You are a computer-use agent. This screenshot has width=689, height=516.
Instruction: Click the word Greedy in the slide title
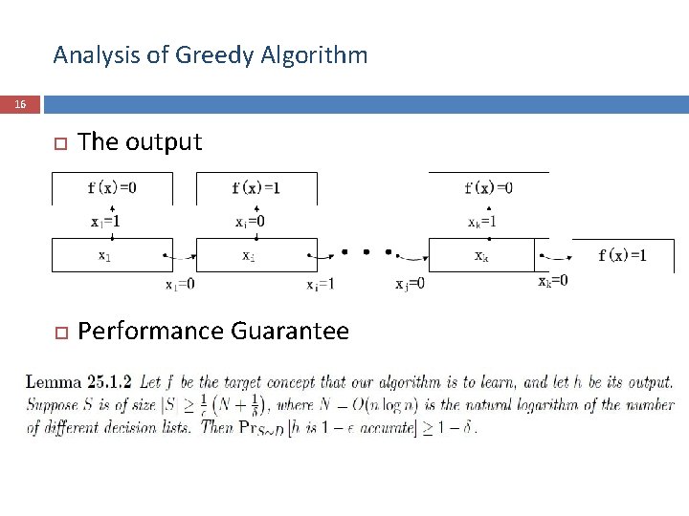click(x=210, y=55)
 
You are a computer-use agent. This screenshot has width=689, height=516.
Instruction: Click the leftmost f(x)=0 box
click(x=112, y=187)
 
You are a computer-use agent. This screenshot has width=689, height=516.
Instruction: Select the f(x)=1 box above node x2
click(x=256, y=187)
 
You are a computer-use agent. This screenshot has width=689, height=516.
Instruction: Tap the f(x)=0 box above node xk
click(x=488, y=187)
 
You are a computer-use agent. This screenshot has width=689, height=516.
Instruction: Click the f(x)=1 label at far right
click(x=622, y=254)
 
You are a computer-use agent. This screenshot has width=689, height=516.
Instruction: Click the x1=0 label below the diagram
click(x=180, y=284)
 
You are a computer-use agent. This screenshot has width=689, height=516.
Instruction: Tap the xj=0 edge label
click(x=410, y=284)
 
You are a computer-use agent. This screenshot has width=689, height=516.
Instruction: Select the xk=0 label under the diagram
click(x=552, y=281)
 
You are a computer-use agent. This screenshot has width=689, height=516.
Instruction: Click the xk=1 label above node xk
click(x=482, y=222)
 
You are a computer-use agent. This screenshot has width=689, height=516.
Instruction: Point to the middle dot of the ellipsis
click(x=366, y=253)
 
